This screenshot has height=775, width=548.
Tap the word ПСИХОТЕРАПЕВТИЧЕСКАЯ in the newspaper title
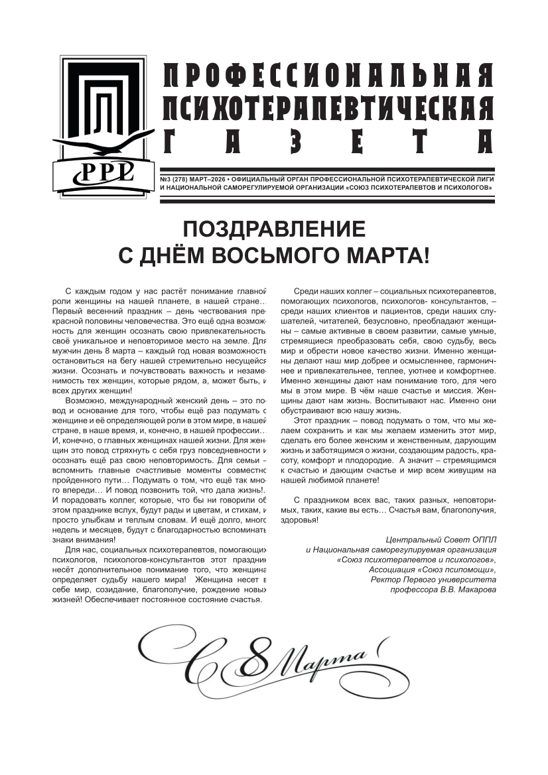pos(328,106)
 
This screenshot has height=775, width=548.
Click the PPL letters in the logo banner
pos(107,172)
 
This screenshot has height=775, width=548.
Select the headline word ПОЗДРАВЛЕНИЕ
pos(274,229)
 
